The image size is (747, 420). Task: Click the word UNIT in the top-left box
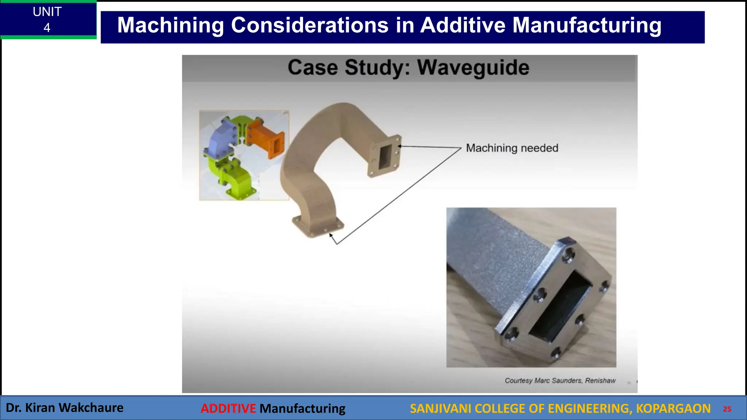(47, 12)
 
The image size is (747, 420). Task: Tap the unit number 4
(47, 28)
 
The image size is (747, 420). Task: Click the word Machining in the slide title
(170, 26)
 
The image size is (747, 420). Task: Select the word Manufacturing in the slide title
(587, 26)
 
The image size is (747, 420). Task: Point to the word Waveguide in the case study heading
(473, 68)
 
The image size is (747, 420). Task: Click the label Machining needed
(512, 148)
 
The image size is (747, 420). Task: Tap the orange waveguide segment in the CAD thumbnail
(265, 139)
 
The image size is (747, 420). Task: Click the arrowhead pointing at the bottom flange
(330, 235)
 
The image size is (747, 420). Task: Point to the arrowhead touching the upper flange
(400, 146)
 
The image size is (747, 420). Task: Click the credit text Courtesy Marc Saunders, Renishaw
(560, 381)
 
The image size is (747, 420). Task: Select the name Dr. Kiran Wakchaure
(65, 408)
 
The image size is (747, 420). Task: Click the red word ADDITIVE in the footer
(228, 408)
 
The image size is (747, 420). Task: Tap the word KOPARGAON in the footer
(673, 408)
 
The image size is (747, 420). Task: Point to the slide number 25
(727, 409)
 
